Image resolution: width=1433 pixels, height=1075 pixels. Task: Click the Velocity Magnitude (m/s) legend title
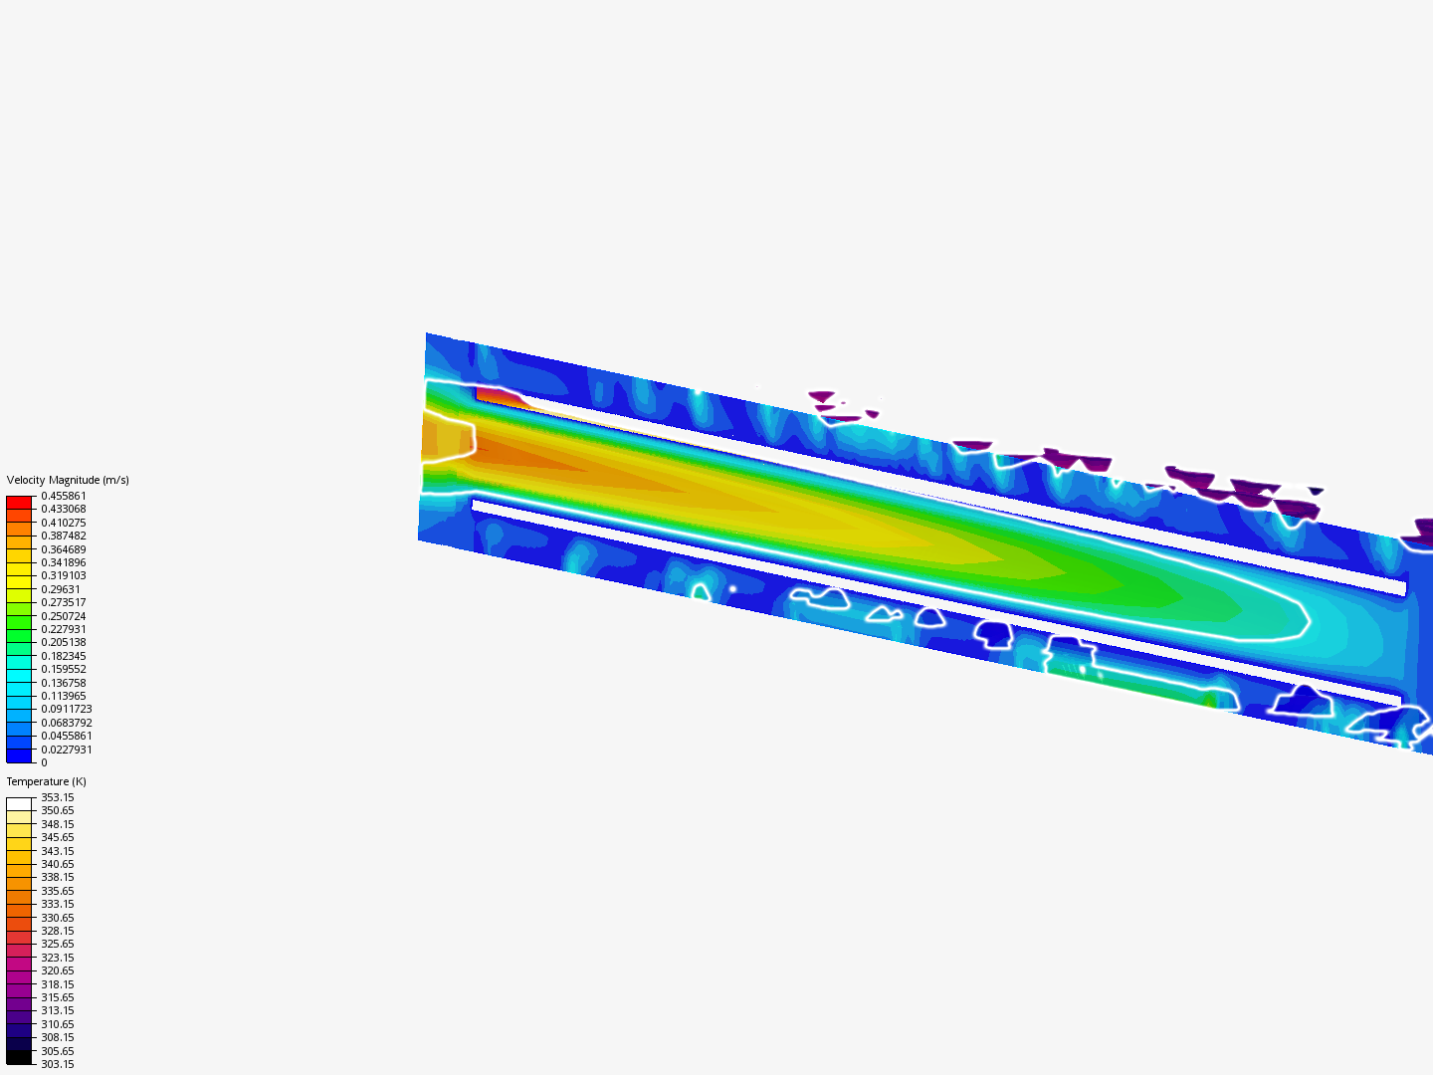point(68,480)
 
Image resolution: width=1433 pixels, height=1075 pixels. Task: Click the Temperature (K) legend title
point(47,781)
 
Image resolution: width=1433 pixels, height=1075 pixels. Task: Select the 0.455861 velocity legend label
point(64,496)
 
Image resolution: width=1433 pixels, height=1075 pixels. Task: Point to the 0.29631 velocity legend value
point(61,589)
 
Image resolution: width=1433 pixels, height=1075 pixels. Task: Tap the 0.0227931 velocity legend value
point(67,750)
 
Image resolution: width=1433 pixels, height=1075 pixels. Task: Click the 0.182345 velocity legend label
point(64,656)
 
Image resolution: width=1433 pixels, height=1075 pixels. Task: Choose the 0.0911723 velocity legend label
point(67,709)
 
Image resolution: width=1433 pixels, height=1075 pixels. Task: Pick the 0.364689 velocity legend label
point(64,549)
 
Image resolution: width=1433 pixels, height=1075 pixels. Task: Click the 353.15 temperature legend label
point(58,797)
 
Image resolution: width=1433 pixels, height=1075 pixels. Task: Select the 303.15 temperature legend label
point(58,1065)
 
